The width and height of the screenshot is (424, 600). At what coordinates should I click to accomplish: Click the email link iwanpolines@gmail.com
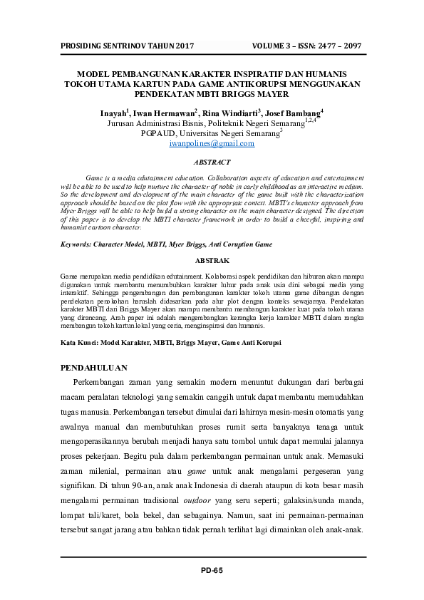[212, 143]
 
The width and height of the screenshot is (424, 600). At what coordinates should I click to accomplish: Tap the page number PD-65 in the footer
[212, 570]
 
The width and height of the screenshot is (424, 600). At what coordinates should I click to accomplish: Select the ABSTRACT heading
[212, 162]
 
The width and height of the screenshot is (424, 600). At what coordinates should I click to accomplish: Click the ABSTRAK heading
[212, 261]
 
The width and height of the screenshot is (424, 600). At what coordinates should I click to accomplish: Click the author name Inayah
[113, 113]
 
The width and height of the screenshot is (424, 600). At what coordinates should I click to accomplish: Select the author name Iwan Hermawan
[162, 113]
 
